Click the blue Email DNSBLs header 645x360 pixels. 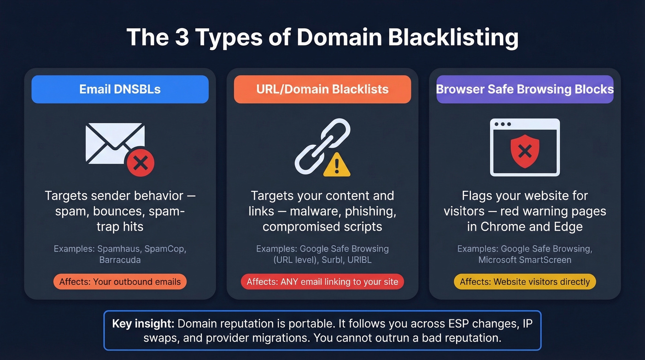point(120,89)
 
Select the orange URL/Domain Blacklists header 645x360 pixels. point(322,89)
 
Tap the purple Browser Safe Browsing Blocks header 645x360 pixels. point(525,89)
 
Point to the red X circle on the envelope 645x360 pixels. point(140,163)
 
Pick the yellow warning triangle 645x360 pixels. point(337,165)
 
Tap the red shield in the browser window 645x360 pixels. point(525,150)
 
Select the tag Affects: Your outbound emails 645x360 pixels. point(120,282)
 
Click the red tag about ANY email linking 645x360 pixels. point(322,282)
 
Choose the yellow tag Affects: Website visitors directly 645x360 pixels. point(525,282)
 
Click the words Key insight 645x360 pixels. point(143,323)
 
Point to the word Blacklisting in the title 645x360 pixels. point(453,37)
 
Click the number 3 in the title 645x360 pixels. point(182,37)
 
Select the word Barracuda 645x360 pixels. point(120,260)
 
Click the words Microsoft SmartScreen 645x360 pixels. point(525,260)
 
